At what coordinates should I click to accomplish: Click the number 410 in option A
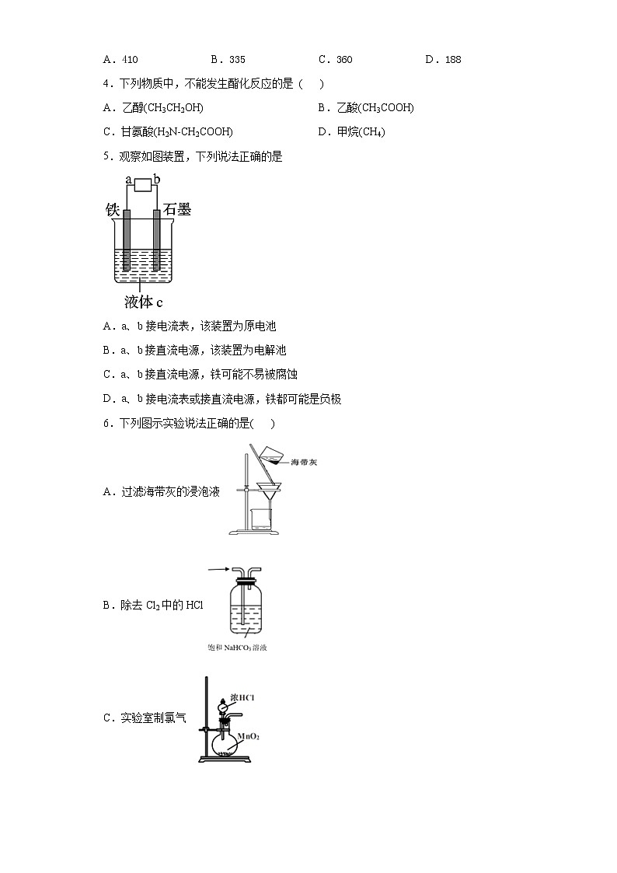point(130,60)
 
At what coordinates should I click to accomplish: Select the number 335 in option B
point(237,60)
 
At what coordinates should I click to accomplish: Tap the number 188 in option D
point(452,60)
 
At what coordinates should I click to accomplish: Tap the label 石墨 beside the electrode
point(178,210)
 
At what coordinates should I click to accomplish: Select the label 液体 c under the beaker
point(144,302)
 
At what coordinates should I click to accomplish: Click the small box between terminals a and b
point(141,185)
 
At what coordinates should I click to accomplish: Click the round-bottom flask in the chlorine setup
point(227,745)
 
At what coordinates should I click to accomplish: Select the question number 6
point(106,424)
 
